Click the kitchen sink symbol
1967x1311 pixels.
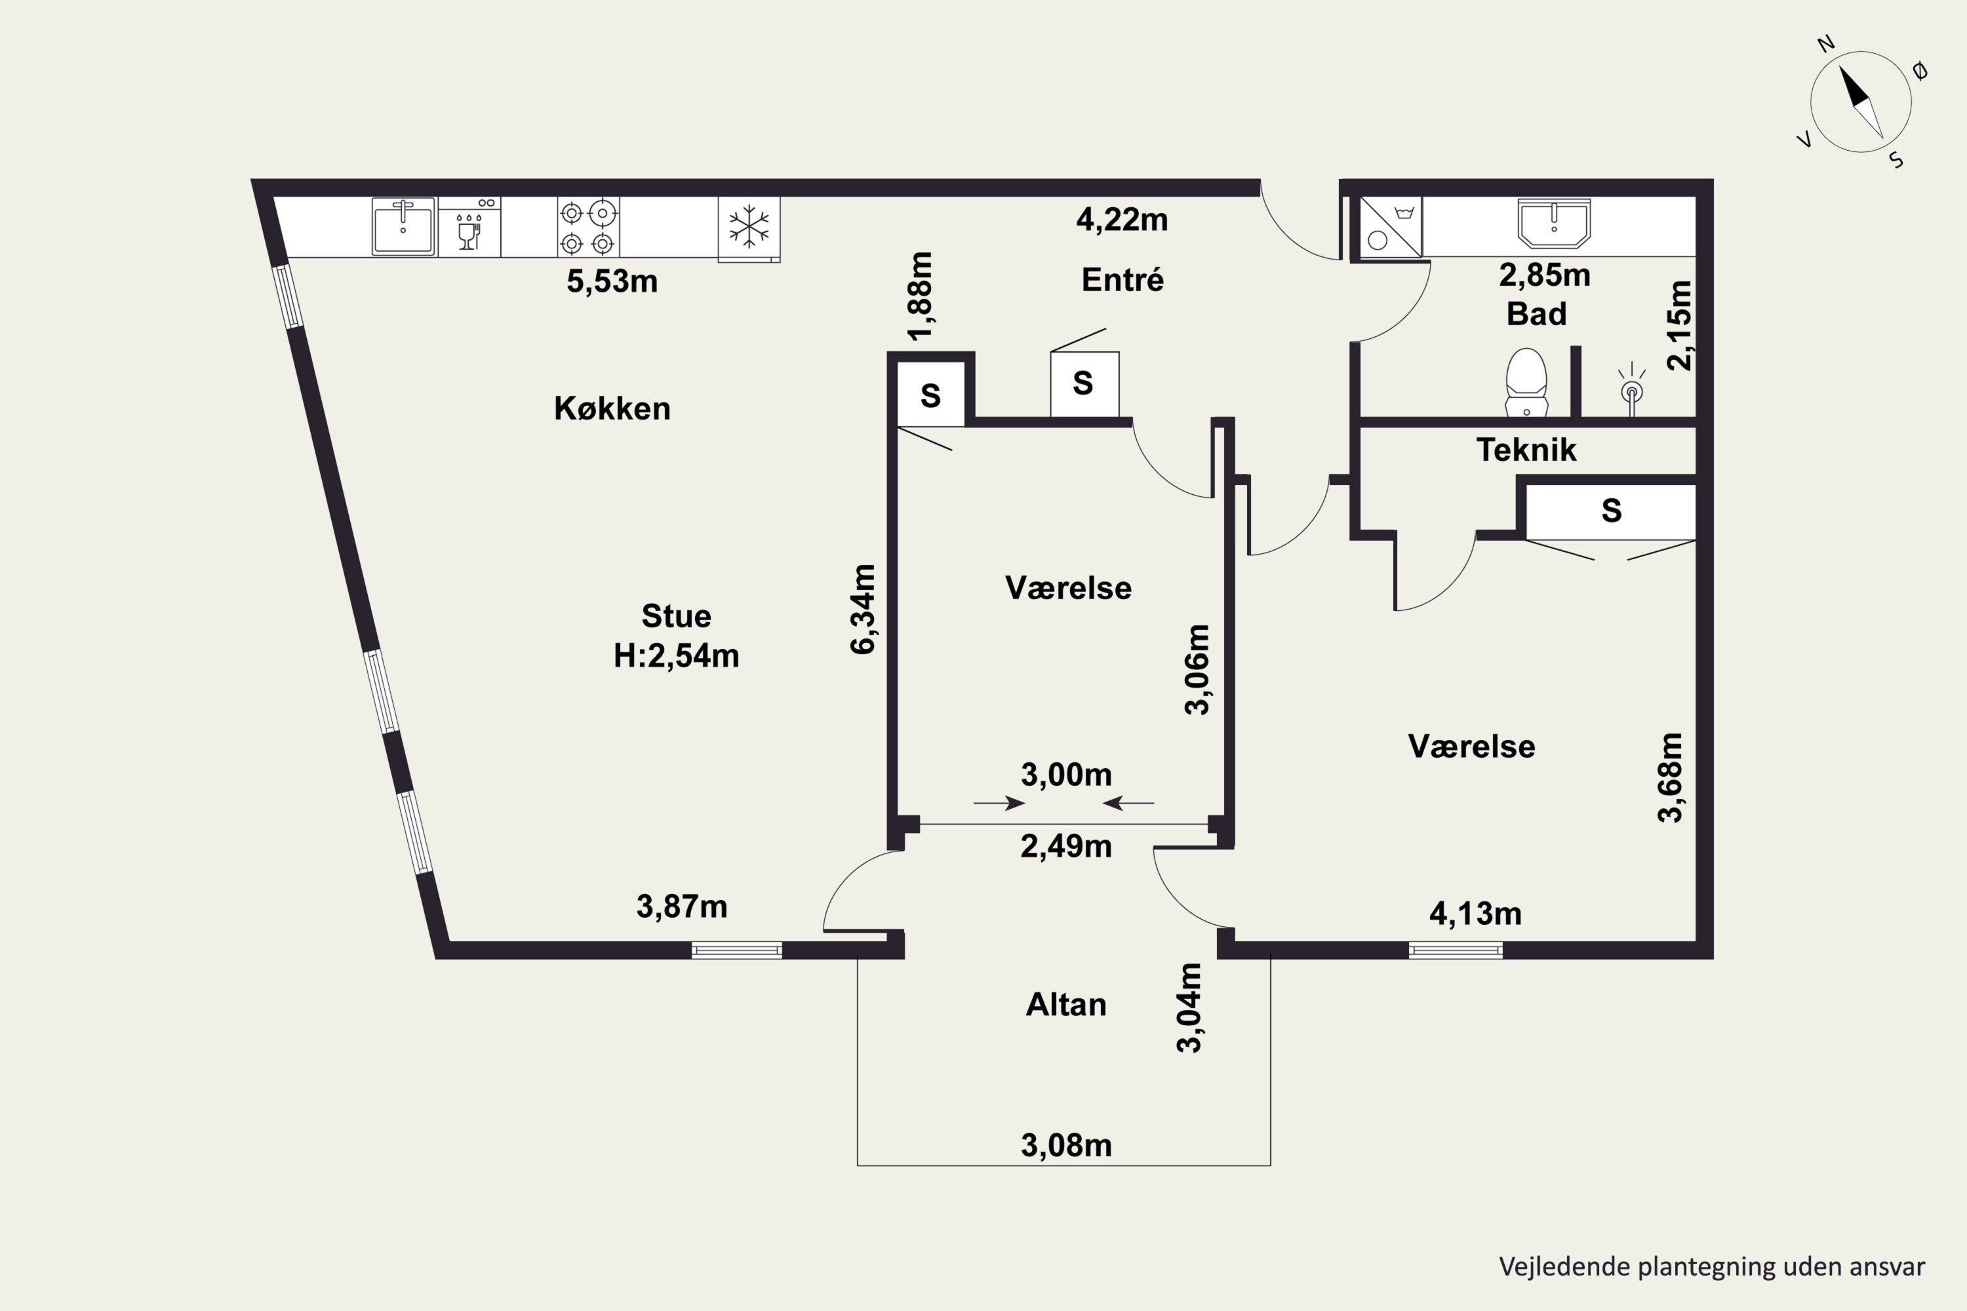point(403,225)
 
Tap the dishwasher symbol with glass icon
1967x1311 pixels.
point(470,227)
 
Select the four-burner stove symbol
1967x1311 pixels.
point(588,227)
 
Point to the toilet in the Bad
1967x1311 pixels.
point(1526,382)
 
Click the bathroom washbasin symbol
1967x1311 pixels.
point(1554,224)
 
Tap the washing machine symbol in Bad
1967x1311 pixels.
point(1390,227)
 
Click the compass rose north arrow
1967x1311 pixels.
point(1861,102)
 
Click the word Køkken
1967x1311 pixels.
point(612,408)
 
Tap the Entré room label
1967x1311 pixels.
point(1123,279)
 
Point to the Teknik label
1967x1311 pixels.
point(1526,450)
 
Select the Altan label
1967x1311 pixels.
point(1066,1004)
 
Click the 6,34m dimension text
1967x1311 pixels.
point(862,609)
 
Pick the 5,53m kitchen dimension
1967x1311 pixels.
point(612,281)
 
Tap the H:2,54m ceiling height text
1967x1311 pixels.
point(677,655)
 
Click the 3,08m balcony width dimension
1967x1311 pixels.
point(1066,1145)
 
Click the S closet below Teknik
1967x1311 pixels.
point(1611,510)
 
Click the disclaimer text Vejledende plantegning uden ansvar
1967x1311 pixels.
point(1712,1266)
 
